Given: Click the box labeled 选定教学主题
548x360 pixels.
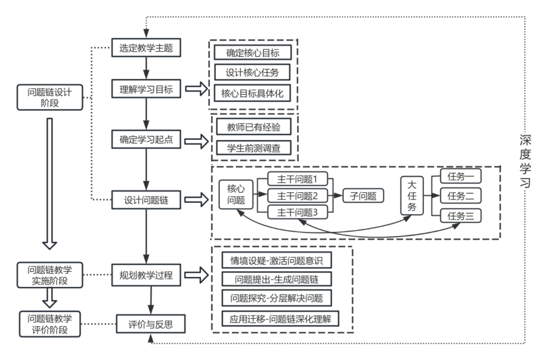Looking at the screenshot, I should tap(146, 48).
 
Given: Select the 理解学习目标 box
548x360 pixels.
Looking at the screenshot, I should tap(146, 89).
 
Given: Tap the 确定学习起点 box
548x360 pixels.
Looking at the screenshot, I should tap(146, 140).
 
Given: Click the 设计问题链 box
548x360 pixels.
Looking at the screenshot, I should tap(146, 199).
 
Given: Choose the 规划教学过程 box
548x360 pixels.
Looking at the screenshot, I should tap(146, 274).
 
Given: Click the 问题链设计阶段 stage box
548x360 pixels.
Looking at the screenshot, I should tap(50, 97).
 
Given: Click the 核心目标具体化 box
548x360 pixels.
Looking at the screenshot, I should tap(252, 93).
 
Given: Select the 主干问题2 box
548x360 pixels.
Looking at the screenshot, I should tap(298, 196).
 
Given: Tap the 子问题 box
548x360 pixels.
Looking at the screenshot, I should tap(363, 196).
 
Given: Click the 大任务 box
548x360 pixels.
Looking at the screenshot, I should tap(411, 196).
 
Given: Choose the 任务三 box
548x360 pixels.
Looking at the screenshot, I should tap(461, 215).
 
